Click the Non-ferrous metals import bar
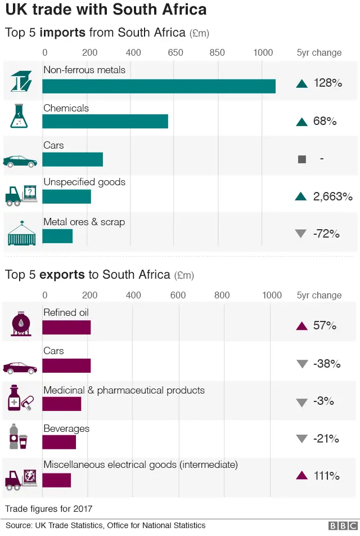(x=159, y=86)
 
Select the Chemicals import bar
(x=105, y=122)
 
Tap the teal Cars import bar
(x=73, y=159)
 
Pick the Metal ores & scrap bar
(x=57, y=236)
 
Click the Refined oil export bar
(x=66, y=327)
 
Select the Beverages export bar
(x=59, y=442)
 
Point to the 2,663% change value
(x=332, y=196)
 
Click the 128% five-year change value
(x=327, y=83)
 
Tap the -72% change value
(x=326, y=234)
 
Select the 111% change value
(x=326, y=476)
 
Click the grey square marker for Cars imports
(x=301, y=159)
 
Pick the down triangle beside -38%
(x=301, y=364)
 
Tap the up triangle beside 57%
(x=301, y=326)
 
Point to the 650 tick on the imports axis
(x=175, y=53)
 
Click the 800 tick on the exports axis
(x=222, y=296)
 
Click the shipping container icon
(x=21, y=234)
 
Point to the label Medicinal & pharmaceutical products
(x=124, y=390)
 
